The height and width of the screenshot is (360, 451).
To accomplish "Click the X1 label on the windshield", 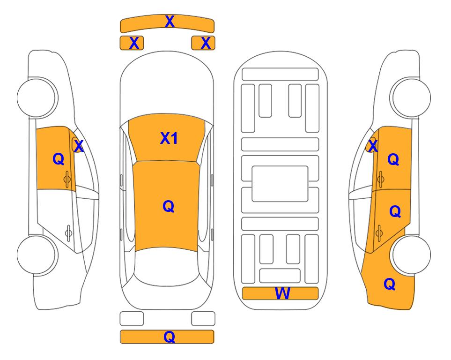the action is [x=169, y=138].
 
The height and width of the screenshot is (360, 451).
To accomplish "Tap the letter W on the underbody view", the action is [x=282, y=293].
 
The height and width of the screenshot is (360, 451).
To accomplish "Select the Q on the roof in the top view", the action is [x=169, y=206].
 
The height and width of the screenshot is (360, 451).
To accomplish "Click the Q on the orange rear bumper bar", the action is [x=170, y=337].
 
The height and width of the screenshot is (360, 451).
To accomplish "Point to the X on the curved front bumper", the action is [x=170, y=21].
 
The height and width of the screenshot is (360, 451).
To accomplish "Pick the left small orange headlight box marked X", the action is [x=132, y=43].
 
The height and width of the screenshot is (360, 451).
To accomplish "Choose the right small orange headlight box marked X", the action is [x=203, y=43].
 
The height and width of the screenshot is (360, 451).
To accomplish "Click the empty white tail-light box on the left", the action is [x=132, y=319].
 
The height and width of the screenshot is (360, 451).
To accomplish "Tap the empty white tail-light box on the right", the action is [x=203, y=319].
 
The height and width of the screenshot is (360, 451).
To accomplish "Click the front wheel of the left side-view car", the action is [x=37, y=97].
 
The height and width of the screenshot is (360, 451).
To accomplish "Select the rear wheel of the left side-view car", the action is [x=37, y=255].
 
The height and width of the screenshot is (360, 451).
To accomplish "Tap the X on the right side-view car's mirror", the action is [x=373, y=146].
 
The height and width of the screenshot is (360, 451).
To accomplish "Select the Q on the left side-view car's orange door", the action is [x=59, y=159].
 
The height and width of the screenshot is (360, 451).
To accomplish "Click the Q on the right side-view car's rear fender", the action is [x=390, y=284].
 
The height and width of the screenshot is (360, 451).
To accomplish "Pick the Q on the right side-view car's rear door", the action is [x=395, y=211].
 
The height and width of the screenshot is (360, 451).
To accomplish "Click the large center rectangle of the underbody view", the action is [x=280, y=184].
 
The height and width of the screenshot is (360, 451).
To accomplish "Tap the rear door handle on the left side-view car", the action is [x=68, y=232].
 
